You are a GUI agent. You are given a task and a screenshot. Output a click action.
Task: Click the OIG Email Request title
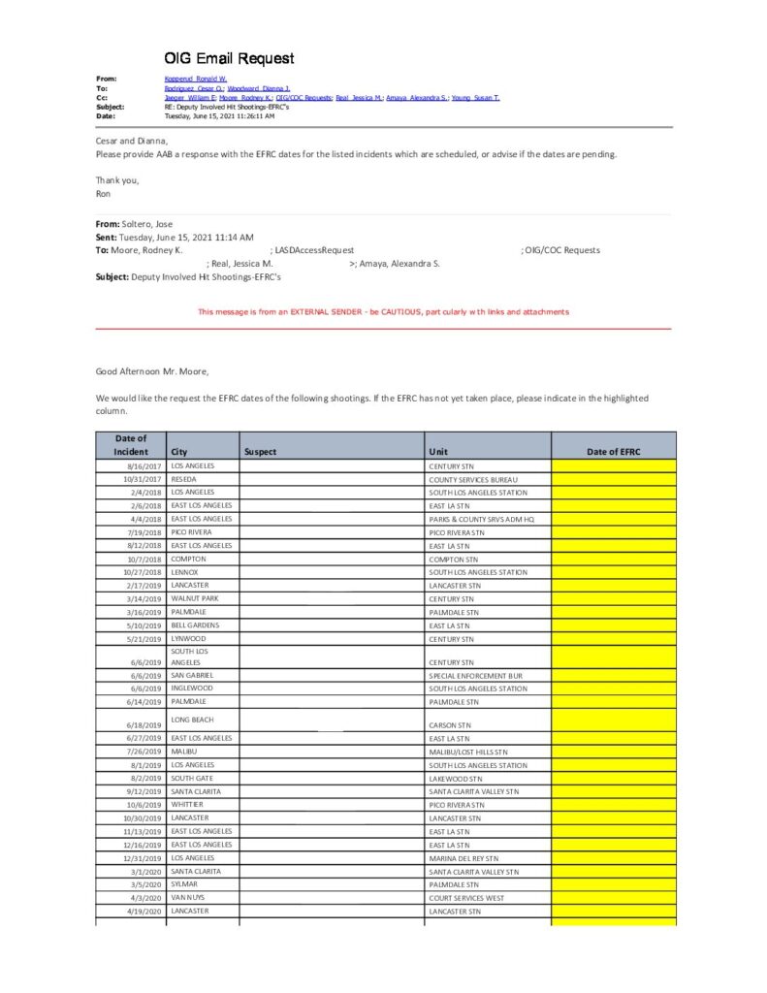click(x=229, y=59)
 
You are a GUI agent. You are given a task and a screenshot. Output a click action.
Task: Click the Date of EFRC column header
click(x=613, y=452)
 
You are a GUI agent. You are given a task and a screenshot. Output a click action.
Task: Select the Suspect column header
click(x=261, y=452)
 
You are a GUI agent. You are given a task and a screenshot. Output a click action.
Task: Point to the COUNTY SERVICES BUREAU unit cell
click(x=473, y=479)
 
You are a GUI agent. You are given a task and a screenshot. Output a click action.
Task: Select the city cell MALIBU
click(x=183, y=752)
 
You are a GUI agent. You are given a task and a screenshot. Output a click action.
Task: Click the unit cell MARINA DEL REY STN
click(x=463, y=858)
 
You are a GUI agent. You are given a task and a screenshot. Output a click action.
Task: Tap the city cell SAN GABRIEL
click(x=192, y=675)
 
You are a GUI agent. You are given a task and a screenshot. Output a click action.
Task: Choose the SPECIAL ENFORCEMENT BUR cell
click(x=475, y=675)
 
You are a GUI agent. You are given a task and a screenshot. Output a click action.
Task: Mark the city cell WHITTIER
click(x=187, y=805)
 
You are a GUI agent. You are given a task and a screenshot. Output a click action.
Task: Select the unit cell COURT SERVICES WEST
click(x=467, y=898)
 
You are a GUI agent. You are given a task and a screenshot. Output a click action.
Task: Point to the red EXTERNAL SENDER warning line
click(x=383, y=312)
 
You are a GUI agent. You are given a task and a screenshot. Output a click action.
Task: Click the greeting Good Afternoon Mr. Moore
click(x=151, y=371)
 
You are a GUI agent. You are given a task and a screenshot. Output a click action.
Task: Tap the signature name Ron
click(x=103, y=193)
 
